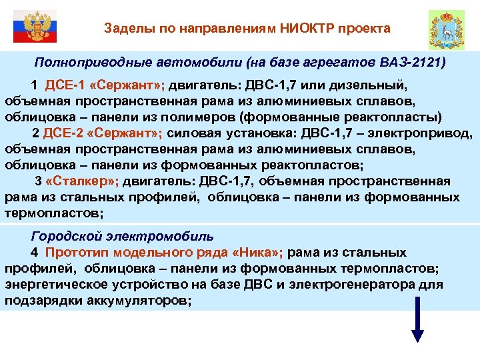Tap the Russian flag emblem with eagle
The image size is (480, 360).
point(33,27)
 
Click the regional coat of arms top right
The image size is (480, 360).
point(446,29)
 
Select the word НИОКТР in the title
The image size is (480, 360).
point(307,29)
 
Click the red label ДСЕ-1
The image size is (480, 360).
point(63,86)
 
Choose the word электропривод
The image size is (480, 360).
point(427,133)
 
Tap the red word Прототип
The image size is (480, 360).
point(78,253)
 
